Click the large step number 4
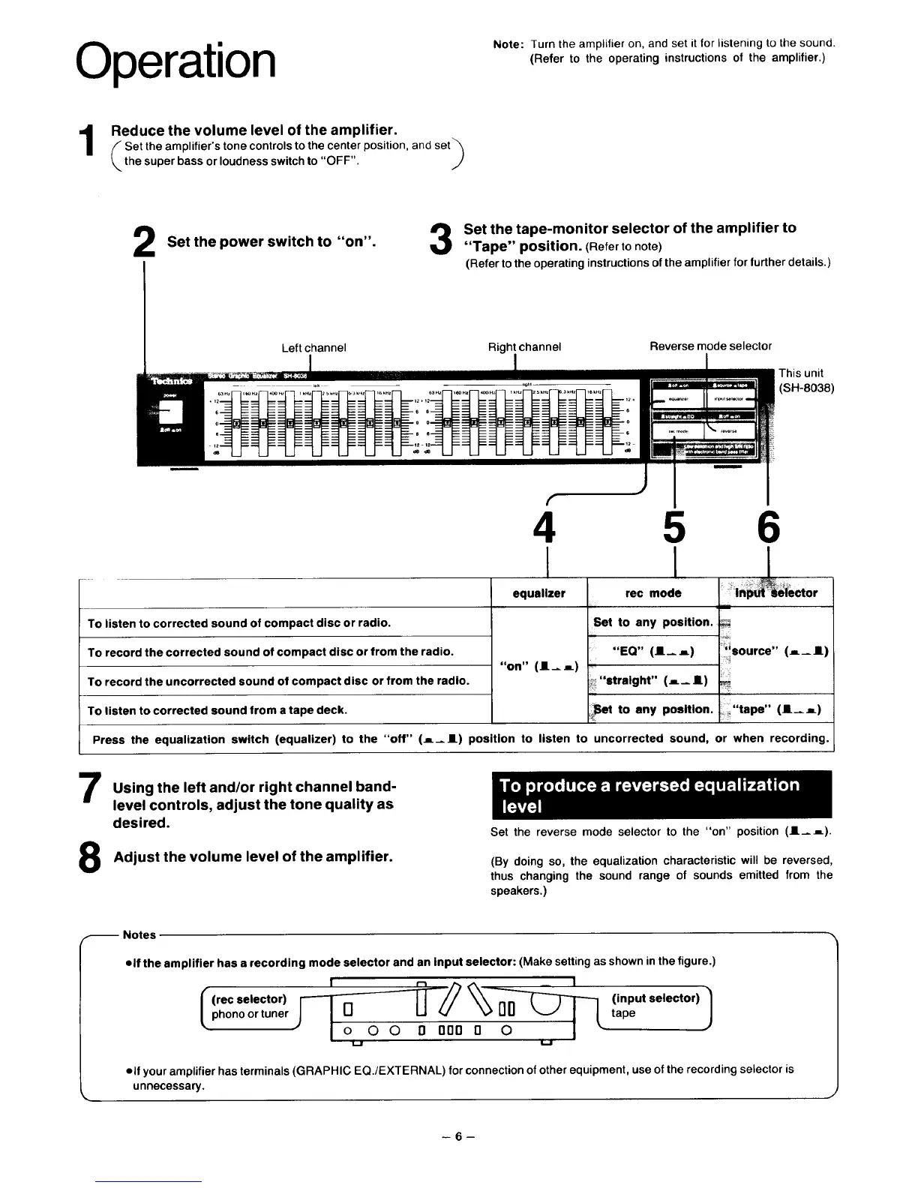pos(547,528)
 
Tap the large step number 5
pos(675,528)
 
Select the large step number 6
pos(768,528)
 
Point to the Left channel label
pos(313,347)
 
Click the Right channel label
pos(524,346)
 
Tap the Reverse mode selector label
pos(710,346)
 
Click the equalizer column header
pos(538,593)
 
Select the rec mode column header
pos(652,593)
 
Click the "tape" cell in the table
pos(776,709)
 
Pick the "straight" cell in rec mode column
pos(652,680)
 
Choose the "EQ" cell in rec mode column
pos(652,651)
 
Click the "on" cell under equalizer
pos(538,666)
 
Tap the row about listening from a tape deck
pos(285,710)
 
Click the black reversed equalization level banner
pos(660,795)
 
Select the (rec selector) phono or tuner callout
pos(250,1006)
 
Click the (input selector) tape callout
pos(654,1006)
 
